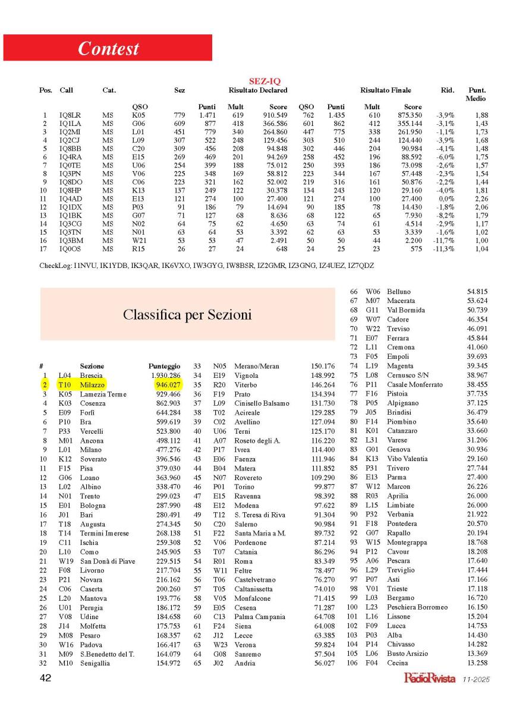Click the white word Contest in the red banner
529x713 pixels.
(108, 48)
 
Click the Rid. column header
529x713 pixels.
(446, 90)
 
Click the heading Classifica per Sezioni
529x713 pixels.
(187, 314)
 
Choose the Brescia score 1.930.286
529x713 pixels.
(165, 376)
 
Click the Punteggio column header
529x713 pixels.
(164, 366)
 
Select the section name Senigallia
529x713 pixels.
(95, 663)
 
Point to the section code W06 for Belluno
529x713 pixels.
(373, 292)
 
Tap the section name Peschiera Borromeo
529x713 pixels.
(417, 607)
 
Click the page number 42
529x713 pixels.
(45, 679)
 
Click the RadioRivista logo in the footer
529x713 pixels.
(429, 677)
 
